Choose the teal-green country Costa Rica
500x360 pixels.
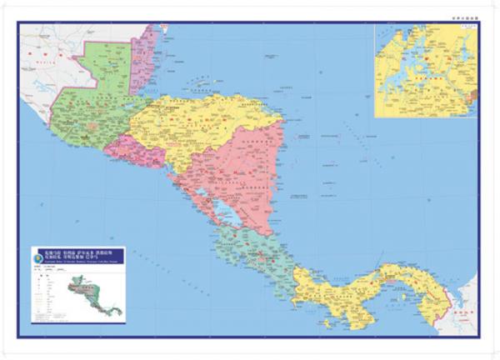tap(258, 250)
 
